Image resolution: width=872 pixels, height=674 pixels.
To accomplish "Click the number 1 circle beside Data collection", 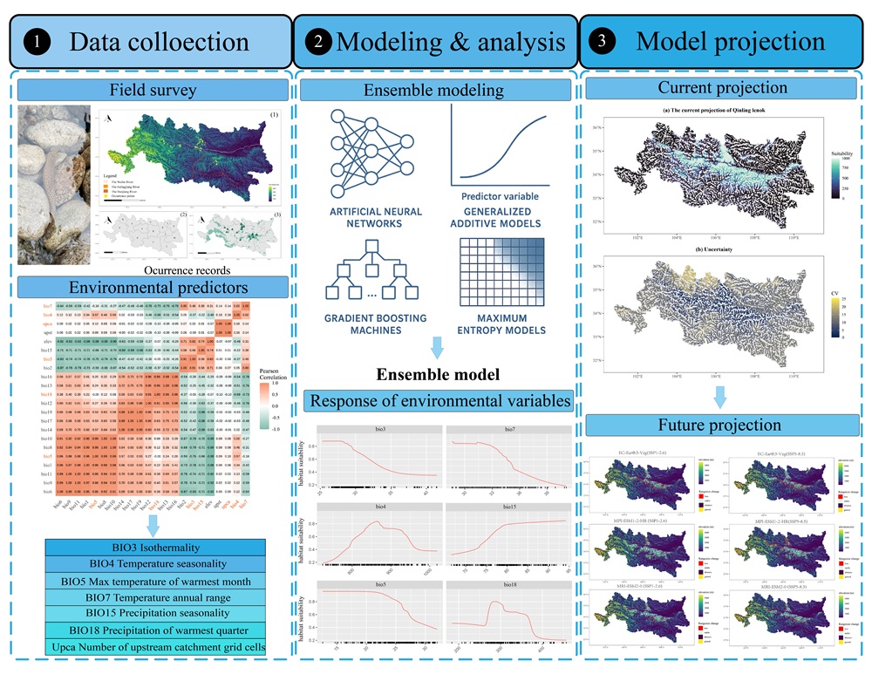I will [x=34, y=41].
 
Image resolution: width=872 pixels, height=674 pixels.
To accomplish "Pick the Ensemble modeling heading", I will [x=433, y=90].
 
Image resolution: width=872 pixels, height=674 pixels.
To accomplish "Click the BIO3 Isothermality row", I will [x=153, y=548].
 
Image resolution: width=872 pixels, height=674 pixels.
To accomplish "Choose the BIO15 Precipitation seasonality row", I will [x=153, y=613].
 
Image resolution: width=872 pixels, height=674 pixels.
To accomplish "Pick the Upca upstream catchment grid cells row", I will [x=153, y=645].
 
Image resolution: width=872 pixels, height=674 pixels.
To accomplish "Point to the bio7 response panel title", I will [x=505, y=430].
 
